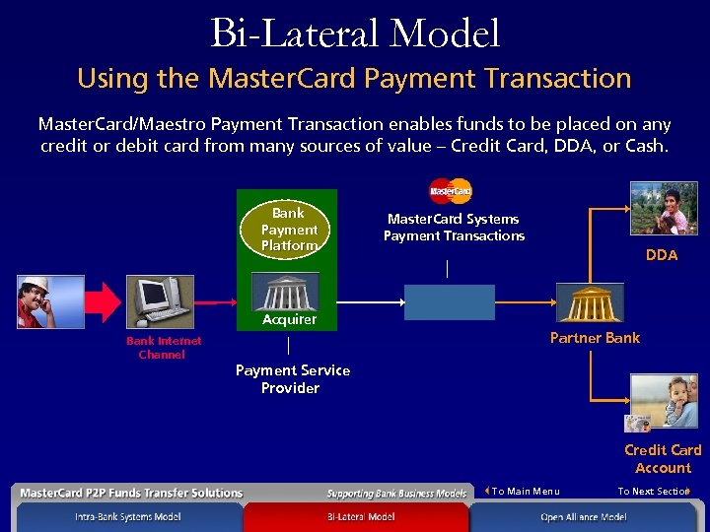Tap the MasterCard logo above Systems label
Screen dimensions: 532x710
[x=451, y=190]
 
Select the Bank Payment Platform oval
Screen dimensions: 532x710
[x=288, y=229]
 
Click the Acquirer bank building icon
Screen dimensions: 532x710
[x=285, y=292]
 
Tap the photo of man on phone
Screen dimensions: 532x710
[x=50, y=300]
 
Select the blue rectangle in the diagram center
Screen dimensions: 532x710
[x=449, y=301]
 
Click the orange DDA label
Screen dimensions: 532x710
[x=662, y=255]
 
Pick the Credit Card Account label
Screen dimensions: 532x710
[x=663, y=459]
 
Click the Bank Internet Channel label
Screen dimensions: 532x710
[x=163, y=348]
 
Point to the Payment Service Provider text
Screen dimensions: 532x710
[x=292, y=378]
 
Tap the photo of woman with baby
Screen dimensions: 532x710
[x=664, y=401]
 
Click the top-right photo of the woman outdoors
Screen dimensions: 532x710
[x=664, y=208]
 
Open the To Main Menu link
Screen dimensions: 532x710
[x=524, y=491]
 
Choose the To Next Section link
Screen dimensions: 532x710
[x=654, y=491]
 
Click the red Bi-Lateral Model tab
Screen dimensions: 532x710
[x=360, y=517]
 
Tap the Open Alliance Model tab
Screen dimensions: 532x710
[x=583, y=517]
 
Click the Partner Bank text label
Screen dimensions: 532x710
[x=595, y=338]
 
